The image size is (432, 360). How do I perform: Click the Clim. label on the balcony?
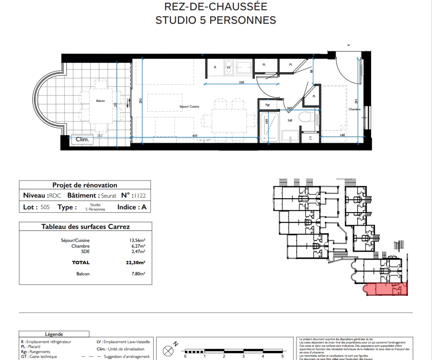[x=82, y=139]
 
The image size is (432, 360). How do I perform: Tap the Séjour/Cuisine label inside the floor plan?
[x=189, y=107]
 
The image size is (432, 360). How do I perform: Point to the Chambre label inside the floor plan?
[x=354, y=109]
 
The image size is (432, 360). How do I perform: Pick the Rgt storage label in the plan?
[x=267, y=105]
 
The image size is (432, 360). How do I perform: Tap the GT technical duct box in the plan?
[x=310, y=138]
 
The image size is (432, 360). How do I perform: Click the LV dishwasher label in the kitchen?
[x=228, y=67]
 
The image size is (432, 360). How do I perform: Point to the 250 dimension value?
[x=241, y=82]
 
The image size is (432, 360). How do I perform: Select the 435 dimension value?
[x=194, y=135]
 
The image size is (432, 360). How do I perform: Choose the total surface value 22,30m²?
[x=138, y=263]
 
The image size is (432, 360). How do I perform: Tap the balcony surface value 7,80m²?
[x=138, y=274]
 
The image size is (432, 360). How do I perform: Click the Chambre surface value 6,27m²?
[x=138, y=246]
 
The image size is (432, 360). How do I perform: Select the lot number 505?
[x=45, y=207]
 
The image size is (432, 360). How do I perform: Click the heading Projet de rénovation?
[x=85, y=185]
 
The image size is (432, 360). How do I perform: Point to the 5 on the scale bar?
[x=282, y=356]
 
